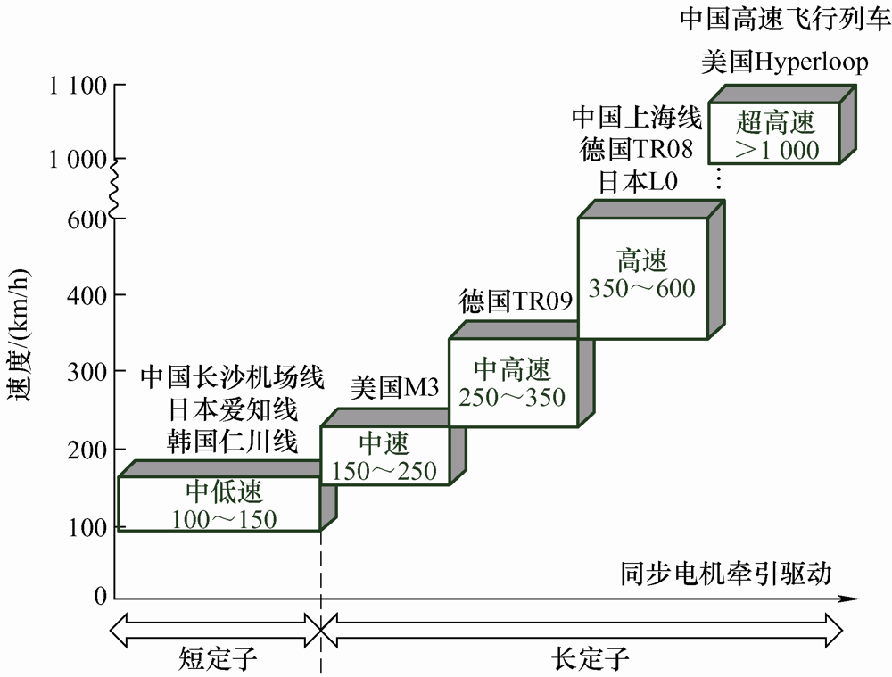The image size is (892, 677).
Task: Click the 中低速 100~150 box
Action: click(219, 504)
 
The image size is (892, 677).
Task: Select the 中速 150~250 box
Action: click(384, 456)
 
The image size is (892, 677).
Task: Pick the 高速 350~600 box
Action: click(641, 277)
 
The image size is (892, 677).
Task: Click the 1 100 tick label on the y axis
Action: click(78, 86)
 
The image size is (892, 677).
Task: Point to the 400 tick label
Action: click(87, 294)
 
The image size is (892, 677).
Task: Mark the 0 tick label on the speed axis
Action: click(101, 596)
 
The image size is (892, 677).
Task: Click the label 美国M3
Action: click(393, 388)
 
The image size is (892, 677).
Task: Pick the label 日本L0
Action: click(638, 181)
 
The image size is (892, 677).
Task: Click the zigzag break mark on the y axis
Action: click(113, 189)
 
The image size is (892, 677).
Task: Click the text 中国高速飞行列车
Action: click(785, 19)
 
